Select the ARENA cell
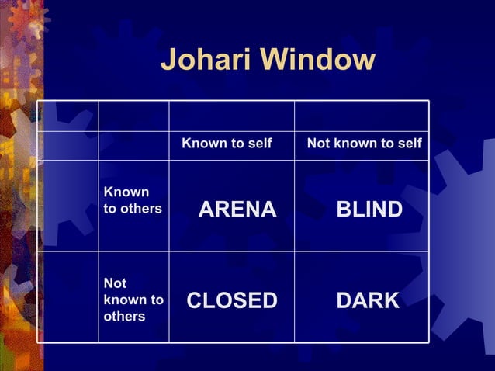coord(237,210)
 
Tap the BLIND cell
coord(369,210)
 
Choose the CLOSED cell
coord(232,300)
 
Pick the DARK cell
coord(368,300)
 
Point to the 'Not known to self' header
coord(365,144)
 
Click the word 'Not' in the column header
coord(318,144)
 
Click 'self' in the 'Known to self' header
coord(259,144)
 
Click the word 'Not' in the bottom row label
coord(115,283)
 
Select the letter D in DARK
coord(344,300)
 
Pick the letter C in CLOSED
coord(195,300)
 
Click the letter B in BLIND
coord(343,210)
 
